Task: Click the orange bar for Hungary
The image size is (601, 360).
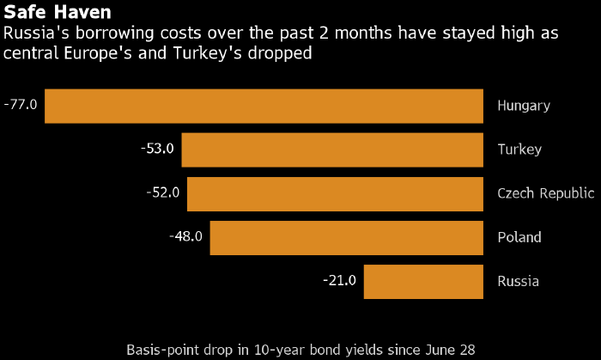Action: (264, 106)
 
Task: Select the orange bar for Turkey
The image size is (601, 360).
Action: (332, 149)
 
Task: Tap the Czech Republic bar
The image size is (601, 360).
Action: (335, 193)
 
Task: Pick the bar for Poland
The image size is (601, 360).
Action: (347, 237)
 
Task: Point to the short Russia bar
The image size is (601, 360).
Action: (423, 281)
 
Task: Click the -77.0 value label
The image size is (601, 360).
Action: (21, 105)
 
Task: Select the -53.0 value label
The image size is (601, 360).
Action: (157, 149)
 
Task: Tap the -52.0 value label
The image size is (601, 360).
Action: (163, 192)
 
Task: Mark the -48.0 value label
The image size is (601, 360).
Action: (186, 236)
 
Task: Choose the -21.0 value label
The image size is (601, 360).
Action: (340, 280)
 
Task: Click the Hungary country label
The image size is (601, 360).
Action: (524, 106)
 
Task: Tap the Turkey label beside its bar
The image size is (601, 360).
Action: (519, 149)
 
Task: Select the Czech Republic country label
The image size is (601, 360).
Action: (545, 193)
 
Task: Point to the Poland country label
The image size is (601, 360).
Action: (518, 237)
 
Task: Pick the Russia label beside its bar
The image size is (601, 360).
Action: (518, 281)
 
